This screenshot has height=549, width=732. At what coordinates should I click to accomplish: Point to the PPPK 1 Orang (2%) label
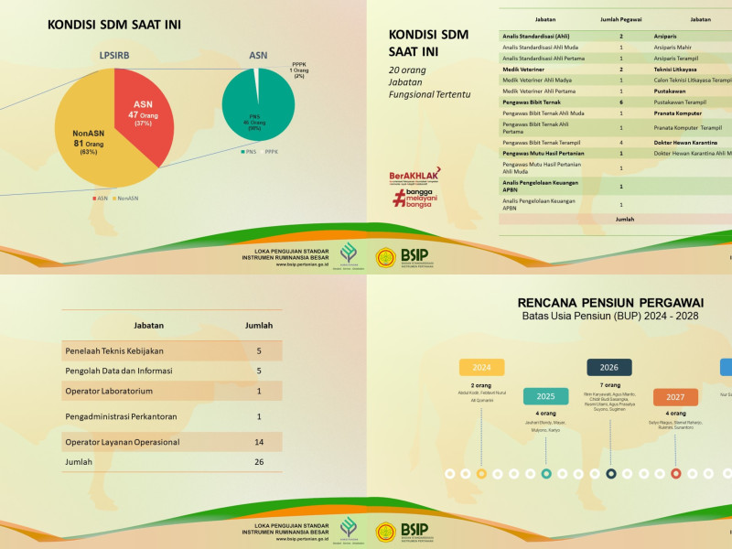[x=298, y=70]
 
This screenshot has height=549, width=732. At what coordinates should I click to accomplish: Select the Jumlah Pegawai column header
[x=621, y=17]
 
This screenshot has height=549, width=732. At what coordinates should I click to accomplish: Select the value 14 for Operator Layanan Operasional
[x=259, y=442]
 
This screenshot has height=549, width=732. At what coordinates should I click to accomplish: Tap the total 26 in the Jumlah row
[x=259, y=462]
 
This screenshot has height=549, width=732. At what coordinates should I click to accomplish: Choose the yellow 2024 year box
[x=481, y=367]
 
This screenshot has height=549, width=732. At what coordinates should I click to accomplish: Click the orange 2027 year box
[x=675, y=397]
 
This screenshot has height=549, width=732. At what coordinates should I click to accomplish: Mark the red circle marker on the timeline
[x=675, y=473]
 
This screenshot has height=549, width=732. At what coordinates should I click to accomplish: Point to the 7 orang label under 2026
[x=610, y=385]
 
